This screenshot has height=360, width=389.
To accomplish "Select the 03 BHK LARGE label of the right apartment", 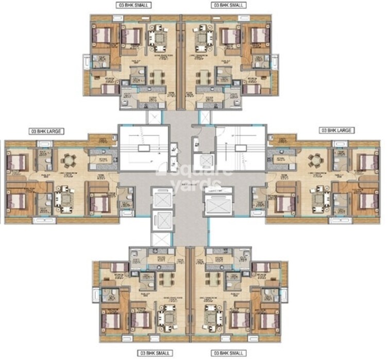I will pos(336,131).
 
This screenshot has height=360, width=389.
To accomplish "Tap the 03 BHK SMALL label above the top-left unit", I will pos(134,5).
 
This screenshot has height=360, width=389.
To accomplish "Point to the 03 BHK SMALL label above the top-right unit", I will pos(228,5).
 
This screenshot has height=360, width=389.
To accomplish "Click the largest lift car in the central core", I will pos(219,206).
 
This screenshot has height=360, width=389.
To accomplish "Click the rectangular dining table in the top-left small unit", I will pos(156,77).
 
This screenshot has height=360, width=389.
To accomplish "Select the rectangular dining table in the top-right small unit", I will pos(205,77).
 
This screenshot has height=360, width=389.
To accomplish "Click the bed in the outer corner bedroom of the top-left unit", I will pos(102,35).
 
